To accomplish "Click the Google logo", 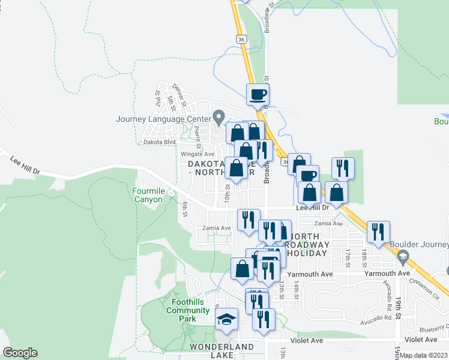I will tap(20, 353).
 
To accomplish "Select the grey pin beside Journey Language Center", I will tap(219, 116).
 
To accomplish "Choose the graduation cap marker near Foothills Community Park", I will tap(226, 319).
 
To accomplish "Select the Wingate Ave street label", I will tap(194, 154).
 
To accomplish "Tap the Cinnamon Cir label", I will tap(425, 288).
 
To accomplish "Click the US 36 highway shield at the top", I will tap(241, 38).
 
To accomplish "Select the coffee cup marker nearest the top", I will tap(258, 94).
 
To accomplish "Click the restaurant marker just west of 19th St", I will tap(378, 232).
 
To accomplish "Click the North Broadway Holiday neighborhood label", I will tap(306, 245).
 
